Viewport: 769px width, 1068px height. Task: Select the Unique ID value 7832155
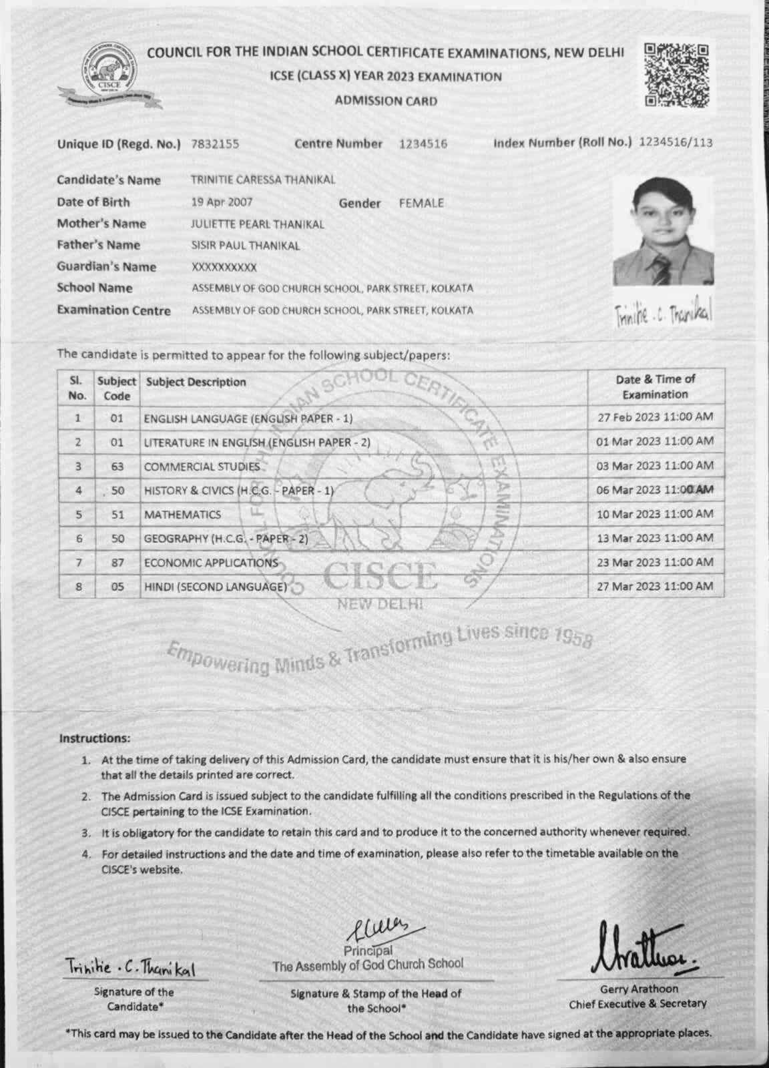point(215,144)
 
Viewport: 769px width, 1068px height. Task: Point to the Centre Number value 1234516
point(423,144)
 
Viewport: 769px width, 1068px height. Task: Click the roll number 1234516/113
point(676,142)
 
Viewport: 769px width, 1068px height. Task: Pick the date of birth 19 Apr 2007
point(222,202)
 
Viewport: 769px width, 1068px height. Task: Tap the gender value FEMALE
point(421,204)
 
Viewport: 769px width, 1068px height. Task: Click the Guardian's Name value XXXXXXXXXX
point(224,267)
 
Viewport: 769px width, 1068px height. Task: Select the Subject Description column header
point(196,382)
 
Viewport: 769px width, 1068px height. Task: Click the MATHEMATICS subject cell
point(182,515)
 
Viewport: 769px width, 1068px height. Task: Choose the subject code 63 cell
point(117,467)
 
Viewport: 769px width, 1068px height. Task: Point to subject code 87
point(117,563)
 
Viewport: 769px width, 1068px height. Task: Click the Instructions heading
point(95,738)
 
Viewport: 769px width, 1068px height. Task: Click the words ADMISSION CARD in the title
point(386,101)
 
